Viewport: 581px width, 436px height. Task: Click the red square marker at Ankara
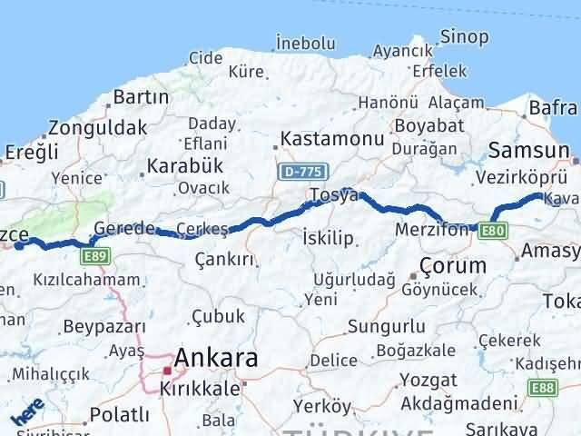click(x=167, y=370)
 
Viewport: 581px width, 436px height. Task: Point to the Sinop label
click(x=464, y=37)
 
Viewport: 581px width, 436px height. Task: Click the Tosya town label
click(x=328, y=196)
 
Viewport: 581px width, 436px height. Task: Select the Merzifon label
click(x=432, y=231)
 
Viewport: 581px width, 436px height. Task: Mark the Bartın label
click(x=141, y=97)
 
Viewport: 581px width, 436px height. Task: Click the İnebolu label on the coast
click(x=306, y=44)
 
